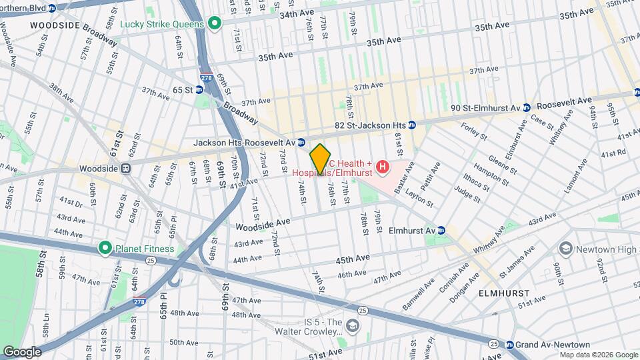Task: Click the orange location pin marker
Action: coord(320,159)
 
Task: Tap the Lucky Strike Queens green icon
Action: coord(215,24)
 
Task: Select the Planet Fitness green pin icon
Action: coord(105,249)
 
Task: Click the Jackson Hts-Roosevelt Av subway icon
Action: coord(302,142)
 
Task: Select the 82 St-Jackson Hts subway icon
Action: coord(412,125)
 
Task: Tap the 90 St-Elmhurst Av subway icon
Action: coord(527,107)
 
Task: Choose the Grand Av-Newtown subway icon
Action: coord(510,345)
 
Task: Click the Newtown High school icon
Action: coord(566,249)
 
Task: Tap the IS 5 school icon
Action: coord(351,325)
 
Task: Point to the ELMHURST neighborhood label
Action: coord(505,293)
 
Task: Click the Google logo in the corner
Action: coord(21,351)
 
